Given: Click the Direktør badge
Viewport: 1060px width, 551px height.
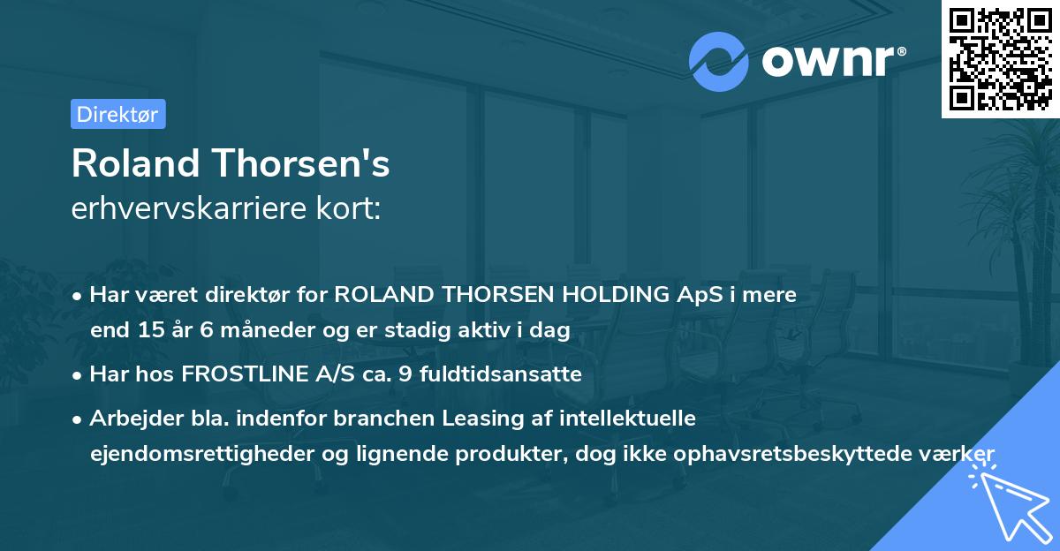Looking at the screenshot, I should (x=117, y=114).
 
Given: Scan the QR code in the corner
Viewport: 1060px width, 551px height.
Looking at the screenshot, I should (x=1000, y=58).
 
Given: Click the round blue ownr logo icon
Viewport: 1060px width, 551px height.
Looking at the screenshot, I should (x=720, y=62).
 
